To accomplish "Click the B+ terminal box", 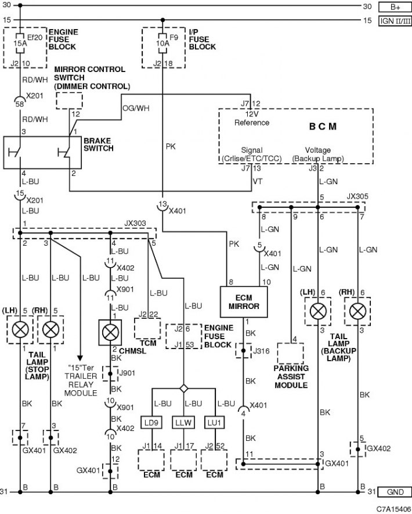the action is pyautogui.click(x=395, y=7).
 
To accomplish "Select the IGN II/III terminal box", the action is pyautogui.click(x=395, y=21).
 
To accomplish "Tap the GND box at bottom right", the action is pyautogui.click(x=395, y=492).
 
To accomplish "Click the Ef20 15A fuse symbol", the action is pyautogui.click(x=20, y=43).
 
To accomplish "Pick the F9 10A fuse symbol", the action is pyautogui.click(x=162, y=43).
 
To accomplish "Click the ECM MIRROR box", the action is pyautogui.click(x=244, y=302).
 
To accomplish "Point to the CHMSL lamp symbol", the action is pyautogui.click(x=110, y=333).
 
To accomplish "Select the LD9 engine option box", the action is pyautogui.click(x=151, y=423).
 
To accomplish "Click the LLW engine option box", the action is pyautogui.click(x=183, y=423).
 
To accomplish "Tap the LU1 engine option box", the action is pyautogui.click(x=215, y=423).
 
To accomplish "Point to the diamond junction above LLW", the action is pyautogui.click(x=184, y=389).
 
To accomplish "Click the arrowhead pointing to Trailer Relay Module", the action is pyautogui.click(x=80, y=358).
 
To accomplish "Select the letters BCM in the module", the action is pyautogui.click(x=323, y=127).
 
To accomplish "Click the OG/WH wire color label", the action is pyautogui.click(x=136, y=108).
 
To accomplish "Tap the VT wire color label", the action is pyautogui.click(x=258, y=181).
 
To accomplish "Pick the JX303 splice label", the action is pyautogui.click(x=135, y=223).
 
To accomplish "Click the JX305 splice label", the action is pyautogui.click(x=357, y=196).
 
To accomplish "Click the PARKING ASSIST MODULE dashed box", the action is pyautogui.click(x=291, y=353).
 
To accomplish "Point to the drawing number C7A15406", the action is pyautogui.click(x=393, y=509).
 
